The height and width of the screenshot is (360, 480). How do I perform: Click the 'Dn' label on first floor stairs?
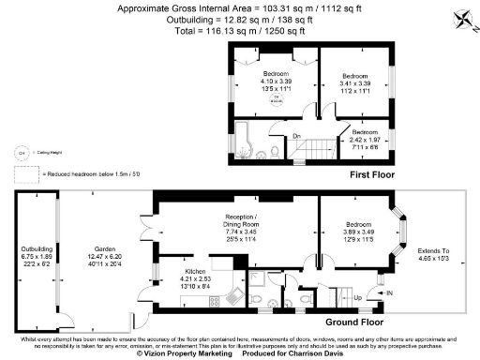[295, 138]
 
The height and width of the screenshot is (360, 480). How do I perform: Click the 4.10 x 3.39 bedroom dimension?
[275, 81]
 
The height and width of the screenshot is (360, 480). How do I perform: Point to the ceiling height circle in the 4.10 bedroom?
[275, 98]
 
